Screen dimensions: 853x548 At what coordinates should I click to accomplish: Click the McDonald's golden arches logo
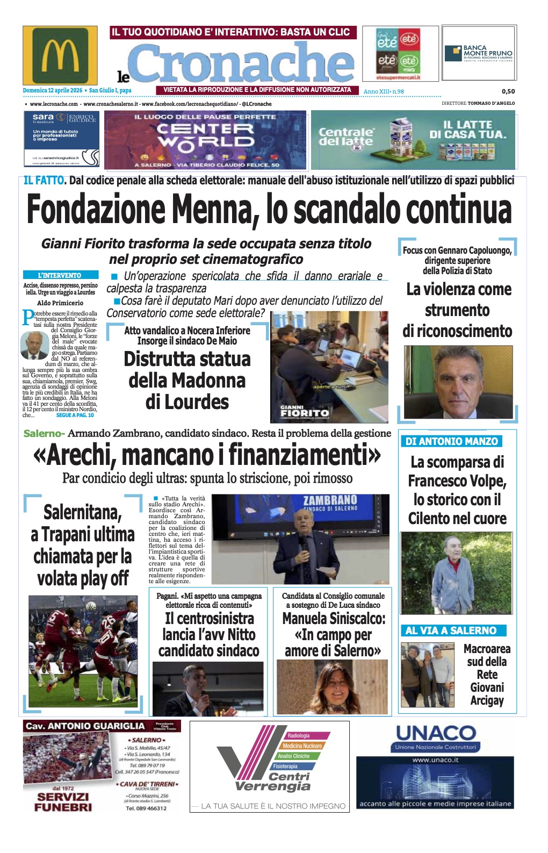(x=60, y=55)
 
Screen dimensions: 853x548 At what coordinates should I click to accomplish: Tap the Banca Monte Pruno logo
(x=479, y=54)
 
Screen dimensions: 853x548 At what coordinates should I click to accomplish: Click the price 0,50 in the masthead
(x=508, y=91)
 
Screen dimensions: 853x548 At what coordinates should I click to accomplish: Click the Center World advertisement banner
(x=205, y=140)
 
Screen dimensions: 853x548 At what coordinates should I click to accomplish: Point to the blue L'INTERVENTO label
(x=60, y=275)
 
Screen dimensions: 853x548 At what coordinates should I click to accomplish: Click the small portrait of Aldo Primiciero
(x=34, y=345)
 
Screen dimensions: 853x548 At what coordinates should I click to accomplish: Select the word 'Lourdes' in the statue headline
(x=187, y=402)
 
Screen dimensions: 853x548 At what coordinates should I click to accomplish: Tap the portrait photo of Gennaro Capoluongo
(x=458, y=382)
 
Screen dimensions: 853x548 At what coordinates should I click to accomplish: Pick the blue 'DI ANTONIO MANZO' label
(x=451, y=441)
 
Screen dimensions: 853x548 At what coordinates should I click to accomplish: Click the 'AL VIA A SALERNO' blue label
(x=451, y=630)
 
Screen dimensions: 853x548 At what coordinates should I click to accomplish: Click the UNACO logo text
(x=435, y=733)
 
